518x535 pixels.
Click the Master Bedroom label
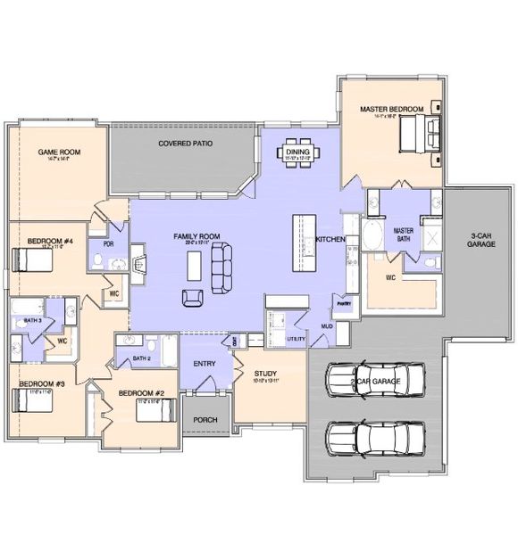[390, 109]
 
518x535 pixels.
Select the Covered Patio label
[185, 143]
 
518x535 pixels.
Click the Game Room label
[59, 152]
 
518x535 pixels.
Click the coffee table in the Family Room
[193, 265]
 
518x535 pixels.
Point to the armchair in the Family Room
[192, 298]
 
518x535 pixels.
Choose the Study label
[265, 374]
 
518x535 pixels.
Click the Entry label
[205, 363]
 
